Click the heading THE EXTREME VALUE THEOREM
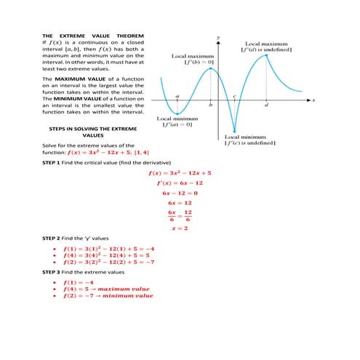pos(93,36)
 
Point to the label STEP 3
pos(54,272)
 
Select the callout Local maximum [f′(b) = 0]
pos(191,58)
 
